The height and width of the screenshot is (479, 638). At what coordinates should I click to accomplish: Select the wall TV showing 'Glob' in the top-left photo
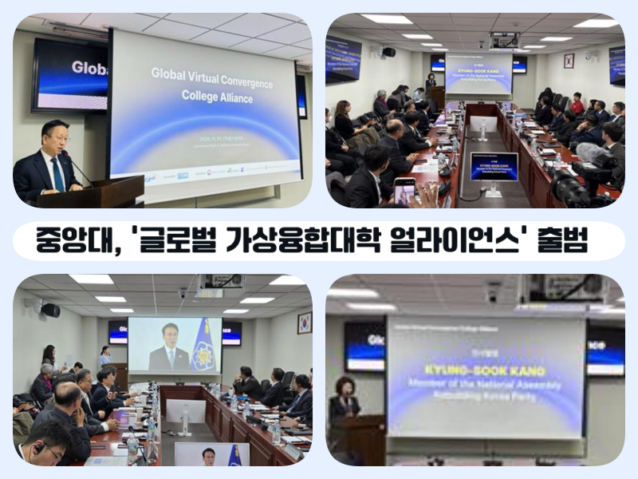click(x=70, y=73)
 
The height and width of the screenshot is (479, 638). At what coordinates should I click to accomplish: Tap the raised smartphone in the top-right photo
click(x=405, y=190)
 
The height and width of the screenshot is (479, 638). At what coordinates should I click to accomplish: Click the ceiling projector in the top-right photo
click(x=503, y=40)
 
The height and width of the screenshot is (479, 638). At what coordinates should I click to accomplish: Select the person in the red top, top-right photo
click(x=577, y=104)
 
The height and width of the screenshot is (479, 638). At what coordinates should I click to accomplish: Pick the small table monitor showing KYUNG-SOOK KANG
click(x=494, y=167)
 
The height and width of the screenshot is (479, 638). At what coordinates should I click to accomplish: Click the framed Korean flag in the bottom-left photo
click(x=304, y=322)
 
